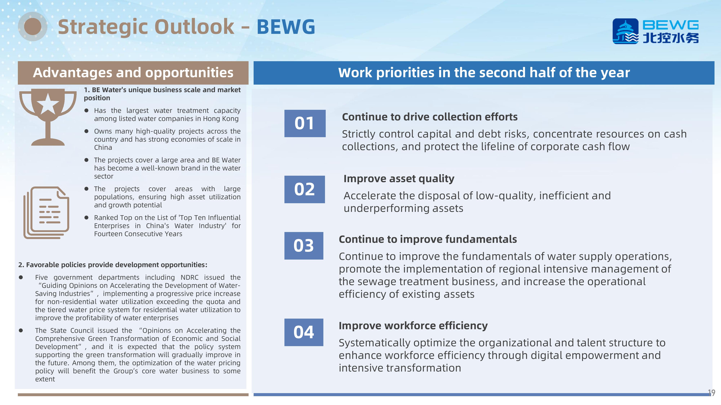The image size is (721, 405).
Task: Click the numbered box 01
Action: [305, 123]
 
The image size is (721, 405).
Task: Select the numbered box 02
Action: [304, 189]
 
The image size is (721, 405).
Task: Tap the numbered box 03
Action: [304, 246]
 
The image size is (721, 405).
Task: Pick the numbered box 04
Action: [304, 332]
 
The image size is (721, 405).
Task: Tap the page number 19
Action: [711, 393]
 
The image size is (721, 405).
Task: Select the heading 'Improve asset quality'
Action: [399, 179]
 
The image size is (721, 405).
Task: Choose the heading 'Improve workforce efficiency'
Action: [413, 326]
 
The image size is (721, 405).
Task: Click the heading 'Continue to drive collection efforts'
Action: [430, 117]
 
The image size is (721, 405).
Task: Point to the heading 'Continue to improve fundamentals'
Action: [428, 239]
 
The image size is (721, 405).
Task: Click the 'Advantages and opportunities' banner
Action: [133, 73]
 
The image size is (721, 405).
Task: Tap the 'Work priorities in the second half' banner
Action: [484, 73]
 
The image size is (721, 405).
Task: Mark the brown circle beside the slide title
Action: [33, 27]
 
